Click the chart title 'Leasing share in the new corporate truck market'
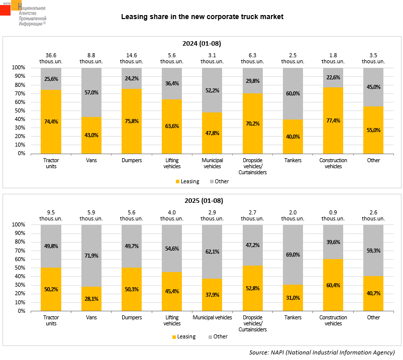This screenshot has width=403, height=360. coord(202,17)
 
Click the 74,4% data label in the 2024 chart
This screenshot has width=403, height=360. coord(51,122)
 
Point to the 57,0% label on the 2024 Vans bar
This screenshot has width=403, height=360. coord(91,93)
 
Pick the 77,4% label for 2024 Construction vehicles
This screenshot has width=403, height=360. coord(333,121)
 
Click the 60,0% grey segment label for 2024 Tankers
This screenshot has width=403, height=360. coord(293,94)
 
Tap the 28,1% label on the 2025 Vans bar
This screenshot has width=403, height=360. coord(91,299)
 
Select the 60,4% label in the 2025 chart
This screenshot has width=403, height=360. coord(333,285)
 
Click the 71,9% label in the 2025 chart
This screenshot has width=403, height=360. coord(91,256)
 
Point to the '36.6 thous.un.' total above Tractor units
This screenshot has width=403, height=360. coord(51,58)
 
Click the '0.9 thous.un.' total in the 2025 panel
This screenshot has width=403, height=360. coord(333,215)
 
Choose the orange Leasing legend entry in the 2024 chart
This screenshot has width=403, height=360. coord(187,181)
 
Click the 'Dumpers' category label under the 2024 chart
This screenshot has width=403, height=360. coord(132,160)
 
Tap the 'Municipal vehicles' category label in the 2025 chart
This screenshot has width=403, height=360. coord(212,317)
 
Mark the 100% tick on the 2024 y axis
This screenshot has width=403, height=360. coord(19,68)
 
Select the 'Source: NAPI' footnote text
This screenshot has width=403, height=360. coord(322,352)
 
